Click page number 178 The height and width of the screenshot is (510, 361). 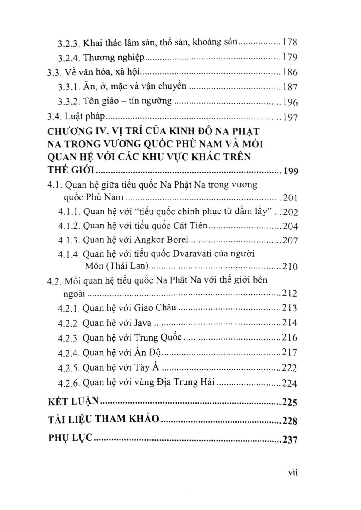point(290,42)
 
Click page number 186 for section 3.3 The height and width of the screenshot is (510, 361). point(290,72)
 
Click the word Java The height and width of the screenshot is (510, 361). point(143,323)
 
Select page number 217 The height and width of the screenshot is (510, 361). point(289,353)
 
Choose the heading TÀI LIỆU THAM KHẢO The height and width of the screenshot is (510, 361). point(103,419)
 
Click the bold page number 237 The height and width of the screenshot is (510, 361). point(290,439)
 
